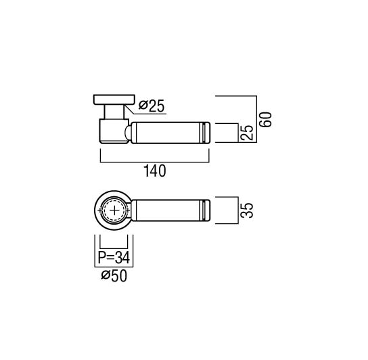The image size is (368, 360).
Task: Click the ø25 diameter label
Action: coord(152,106)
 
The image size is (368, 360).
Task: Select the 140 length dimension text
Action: coord(154,171)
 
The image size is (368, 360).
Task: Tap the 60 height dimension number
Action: coord(267,120)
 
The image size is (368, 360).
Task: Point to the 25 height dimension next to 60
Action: coord(248,133)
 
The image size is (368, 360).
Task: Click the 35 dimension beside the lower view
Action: coord(248,210)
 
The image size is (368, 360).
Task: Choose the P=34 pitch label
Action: coord(114,257)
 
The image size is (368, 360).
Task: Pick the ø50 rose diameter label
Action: coord(114,275)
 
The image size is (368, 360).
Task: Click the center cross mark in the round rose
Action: coord(114,210)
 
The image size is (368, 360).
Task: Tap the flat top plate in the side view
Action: coord(114,99)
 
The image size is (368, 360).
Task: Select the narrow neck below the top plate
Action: coord(114,112)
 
